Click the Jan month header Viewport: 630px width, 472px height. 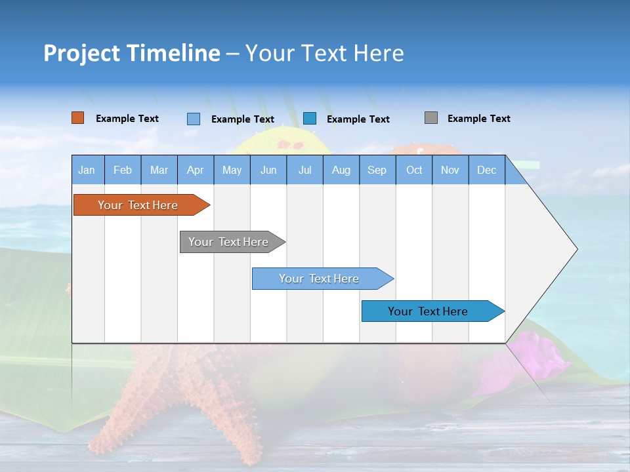[87, 170]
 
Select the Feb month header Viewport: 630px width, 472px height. [123, 170]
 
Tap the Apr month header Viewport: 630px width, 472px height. [196, 170]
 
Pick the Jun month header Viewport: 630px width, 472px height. [268, 170]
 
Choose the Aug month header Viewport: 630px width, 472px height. [341, 170]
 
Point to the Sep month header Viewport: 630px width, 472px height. [377, 170]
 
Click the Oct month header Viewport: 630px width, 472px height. [414, 170]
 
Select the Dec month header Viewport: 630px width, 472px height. [487, 170]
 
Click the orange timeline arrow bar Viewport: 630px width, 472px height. [138, 205]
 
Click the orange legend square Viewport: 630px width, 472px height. [78, 118]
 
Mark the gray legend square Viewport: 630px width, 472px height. [431, 118]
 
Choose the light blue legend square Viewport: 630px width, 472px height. [194, 119]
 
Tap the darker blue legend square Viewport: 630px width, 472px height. [310, 118]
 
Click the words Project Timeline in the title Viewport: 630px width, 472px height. [132, 53]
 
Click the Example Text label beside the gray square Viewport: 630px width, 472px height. [478, 119]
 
